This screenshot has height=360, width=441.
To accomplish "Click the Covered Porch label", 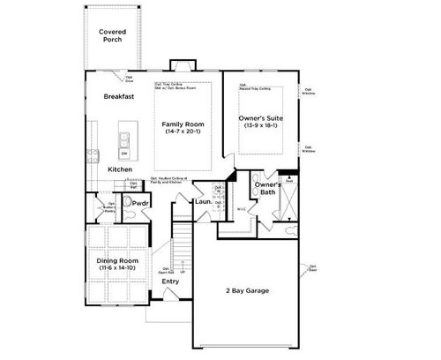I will [112, 36].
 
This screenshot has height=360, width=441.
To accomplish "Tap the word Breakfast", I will [119, 96].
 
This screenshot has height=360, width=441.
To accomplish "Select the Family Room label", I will [183, 124].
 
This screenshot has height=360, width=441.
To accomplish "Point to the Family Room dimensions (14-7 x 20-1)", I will [183, 132].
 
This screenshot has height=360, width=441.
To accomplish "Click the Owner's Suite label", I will [260, 117].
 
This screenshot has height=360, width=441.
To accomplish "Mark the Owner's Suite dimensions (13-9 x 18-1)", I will [260, 125].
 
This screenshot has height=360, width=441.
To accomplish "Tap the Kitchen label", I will [121, 169].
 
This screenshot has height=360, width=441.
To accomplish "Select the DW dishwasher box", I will [124, 153].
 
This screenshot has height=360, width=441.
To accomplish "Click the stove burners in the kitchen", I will [91, 156].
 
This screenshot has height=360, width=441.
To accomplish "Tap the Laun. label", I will [204, 202].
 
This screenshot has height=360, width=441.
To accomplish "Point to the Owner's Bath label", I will [267, 188].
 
